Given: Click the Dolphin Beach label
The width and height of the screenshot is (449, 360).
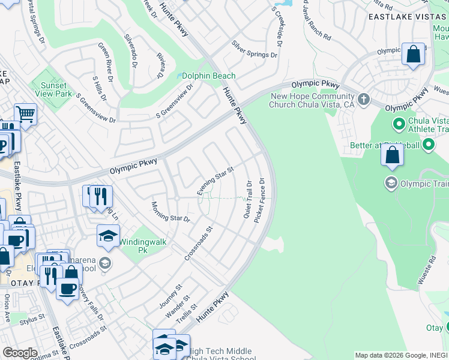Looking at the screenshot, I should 209,76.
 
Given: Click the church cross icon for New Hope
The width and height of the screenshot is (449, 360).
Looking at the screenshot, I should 363,98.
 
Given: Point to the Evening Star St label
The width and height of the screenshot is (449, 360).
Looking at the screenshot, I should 215,181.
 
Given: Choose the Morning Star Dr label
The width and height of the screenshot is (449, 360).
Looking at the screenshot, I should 170,211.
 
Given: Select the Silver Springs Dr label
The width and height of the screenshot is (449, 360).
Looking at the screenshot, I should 255,50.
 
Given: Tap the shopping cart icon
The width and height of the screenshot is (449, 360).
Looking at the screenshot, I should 25,113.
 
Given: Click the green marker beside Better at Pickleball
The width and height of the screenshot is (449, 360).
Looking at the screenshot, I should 429,145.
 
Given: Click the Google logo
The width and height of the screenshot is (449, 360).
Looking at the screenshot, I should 20,353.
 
